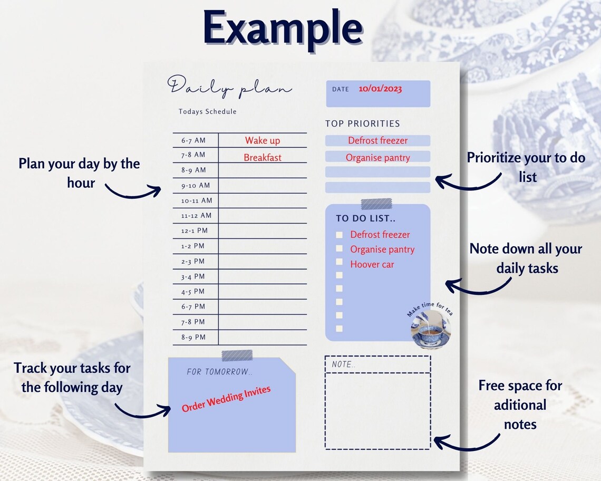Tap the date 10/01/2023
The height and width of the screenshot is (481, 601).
point(380,89)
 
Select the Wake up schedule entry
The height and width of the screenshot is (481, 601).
point(263,141)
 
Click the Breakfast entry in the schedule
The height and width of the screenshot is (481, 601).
point(263,158)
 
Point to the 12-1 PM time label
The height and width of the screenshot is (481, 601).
point(195,231)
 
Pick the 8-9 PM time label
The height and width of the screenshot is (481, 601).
point(193,338)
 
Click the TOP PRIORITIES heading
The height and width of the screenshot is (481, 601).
point(363,123)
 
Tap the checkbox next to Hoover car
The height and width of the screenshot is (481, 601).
point(340,262)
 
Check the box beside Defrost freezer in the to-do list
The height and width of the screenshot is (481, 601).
point(340,235)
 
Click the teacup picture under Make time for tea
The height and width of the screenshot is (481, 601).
point(430,330)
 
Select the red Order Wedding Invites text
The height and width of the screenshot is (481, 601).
point(226,399)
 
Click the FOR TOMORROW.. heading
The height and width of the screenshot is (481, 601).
point(220,372)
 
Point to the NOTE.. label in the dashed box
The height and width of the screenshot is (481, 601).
point(344,364)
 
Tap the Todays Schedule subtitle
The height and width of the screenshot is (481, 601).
point(208,112)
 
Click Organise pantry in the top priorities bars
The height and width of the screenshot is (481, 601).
point(377,158)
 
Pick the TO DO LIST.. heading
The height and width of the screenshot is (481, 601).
point(366,218)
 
